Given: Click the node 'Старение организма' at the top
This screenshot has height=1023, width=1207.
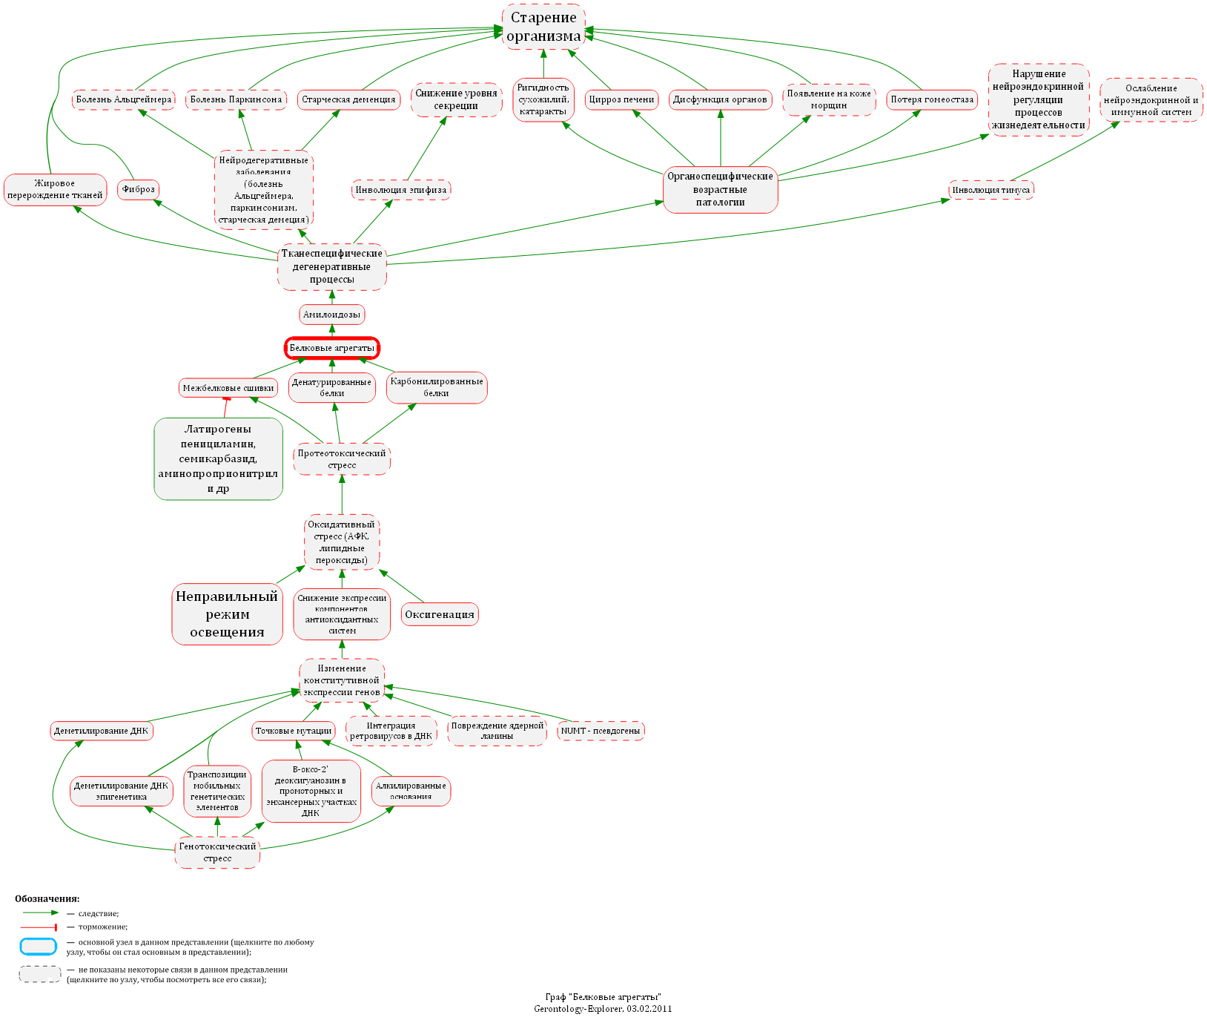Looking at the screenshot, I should [x=543, y=27].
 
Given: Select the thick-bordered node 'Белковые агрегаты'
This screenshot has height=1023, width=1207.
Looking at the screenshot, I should [x=332, y=348].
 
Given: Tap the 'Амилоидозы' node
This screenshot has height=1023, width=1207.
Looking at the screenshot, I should [x=332, y=315].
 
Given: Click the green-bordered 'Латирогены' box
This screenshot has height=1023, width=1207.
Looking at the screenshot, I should [x=218, y=458].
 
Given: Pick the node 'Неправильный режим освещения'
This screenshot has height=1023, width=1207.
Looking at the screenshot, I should [x=227, y=614].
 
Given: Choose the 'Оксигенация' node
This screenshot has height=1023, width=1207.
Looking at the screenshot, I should [x=440, y=614].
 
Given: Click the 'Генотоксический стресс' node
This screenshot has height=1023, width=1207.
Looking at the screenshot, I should [x=217, y=852].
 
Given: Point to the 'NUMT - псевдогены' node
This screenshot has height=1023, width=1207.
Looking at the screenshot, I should [x=601, y=731].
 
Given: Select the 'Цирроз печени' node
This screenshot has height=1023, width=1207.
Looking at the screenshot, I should [x=621, y=99].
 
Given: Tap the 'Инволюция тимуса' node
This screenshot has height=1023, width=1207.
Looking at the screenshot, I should [x=991, y=190].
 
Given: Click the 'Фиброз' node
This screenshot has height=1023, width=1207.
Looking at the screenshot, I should [x=139, y=189].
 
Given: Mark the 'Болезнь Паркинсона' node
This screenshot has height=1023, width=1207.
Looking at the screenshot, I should [x=236, y=99].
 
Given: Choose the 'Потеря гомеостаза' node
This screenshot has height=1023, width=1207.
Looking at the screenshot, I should [x=932, y=99].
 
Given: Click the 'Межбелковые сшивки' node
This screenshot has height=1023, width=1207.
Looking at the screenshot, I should [x=228, y=388].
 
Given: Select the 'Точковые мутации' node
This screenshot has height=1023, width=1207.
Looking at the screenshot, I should [x=294, y=731].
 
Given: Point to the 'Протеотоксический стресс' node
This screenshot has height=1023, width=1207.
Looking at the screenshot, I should [x=342, y=459].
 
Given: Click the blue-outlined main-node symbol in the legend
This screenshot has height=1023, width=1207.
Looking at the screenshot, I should [x=38, y=947].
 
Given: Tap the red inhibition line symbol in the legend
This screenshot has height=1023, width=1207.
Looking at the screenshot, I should [x=39, y=927].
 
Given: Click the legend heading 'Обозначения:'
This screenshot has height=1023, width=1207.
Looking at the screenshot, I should [x=47, y=899].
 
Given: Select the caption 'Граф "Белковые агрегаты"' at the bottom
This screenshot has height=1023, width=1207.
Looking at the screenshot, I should [x=603, y=997].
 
